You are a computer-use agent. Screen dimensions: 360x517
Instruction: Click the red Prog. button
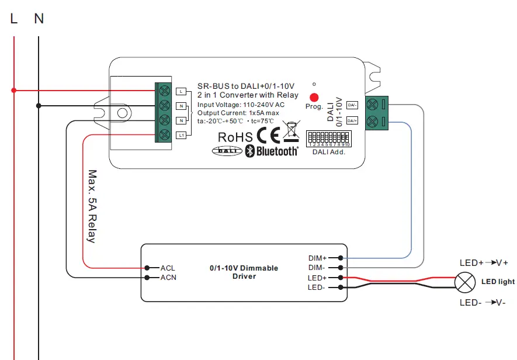(314, 98)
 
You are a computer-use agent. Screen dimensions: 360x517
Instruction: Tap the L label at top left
(14, 19)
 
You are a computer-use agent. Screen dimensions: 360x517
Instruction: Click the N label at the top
(39, 19)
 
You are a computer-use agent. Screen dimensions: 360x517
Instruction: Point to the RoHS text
(235, 137)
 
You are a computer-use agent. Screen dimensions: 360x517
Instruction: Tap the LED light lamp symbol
(465, 283)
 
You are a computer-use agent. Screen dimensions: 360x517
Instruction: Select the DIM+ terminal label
(317, 258)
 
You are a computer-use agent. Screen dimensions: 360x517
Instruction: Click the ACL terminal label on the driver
(168, 268)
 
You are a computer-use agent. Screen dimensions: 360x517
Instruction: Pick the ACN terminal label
(168, 277)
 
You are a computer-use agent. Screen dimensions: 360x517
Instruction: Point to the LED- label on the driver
(317, 288)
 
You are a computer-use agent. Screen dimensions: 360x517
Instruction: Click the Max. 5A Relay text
(92, 206)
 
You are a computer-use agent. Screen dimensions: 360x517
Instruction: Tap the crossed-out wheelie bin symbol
(291, 131)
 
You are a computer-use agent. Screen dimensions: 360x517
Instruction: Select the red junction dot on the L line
(14, 90)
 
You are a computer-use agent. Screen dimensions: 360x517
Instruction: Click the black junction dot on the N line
(39, 106)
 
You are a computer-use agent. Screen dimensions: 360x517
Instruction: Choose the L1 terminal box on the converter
(181, 136)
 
